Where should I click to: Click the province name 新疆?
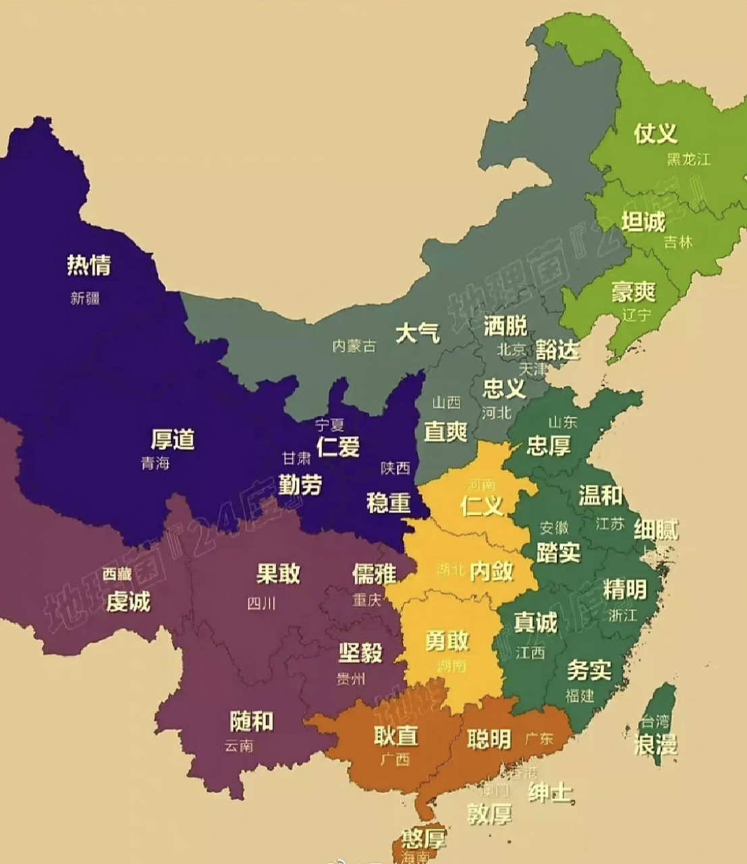pos(85,298)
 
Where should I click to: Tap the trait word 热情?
pos(88,265)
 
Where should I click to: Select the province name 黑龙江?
pos(688,159)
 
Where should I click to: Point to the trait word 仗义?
pos(655,133)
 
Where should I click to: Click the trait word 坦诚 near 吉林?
pos(642,221)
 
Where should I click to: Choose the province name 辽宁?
pos(635,315)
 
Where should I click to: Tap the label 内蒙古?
pos(354,346)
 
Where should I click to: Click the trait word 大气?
pos(417,333)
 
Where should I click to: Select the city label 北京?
pos(511,349)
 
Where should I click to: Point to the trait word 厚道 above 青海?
pos(173,439)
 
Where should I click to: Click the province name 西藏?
pos(117,574)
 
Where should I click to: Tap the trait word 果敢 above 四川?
pos(278,574)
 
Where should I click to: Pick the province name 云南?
pos(240,746)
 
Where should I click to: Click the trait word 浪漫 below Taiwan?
pos(655,745)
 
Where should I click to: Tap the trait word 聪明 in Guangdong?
pos(489,739)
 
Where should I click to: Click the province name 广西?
pos(395,759)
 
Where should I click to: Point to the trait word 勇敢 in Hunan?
pos(447,641)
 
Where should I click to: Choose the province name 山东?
pos(562,422)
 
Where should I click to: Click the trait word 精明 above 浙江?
pos(624,589)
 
